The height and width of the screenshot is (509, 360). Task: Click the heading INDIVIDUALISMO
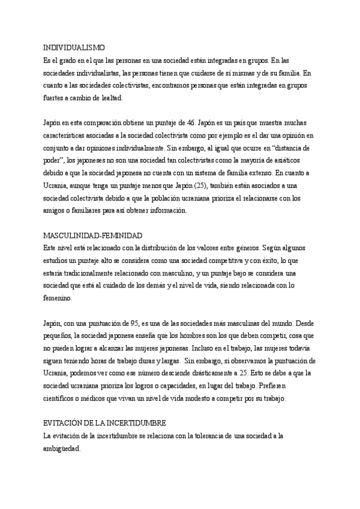[74, 47]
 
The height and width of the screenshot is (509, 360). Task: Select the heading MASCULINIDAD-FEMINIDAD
[93, 236]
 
